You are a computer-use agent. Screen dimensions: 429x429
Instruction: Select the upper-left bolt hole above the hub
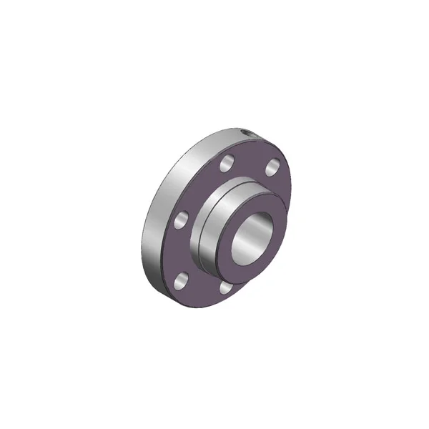click(226, 164)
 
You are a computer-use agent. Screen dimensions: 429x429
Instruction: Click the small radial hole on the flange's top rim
click(247, 134)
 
